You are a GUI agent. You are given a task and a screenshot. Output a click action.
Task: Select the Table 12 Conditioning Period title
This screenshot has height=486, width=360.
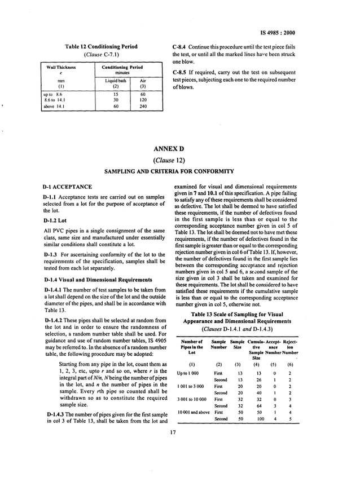103,46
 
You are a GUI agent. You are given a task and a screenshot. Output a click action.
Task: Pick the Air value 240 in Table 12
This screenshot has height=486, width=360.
143,106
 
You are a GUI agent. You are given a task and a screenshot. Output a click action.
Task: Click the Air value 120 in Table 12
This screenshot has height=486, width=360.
143,100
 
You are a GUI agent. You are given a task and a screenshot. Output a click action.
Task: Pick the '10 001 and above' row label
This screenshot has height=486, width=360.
191,413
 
